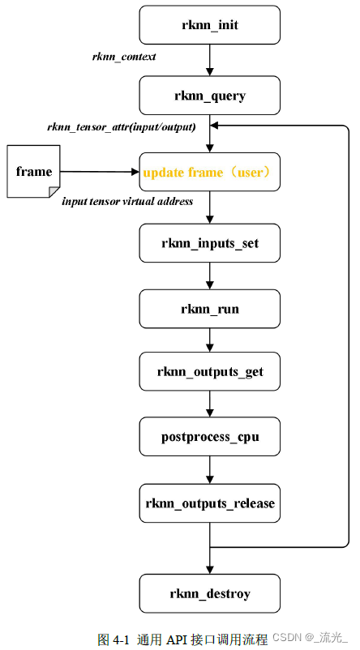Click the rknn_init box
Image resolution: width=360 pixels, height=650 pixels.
pos(210,25)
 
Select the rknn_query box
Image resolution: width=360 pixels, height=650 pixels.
pos(210,96)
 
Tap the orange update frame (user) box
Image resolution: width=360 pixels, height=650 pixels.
pos(210,172)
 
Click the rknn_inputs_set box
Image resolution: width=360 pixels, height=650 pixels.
pos(210,242)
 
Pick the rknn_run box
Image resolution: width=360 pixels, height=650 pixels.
pos(210,309)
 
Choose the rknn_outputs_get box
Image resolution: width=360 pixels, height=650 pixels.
pos(210,372)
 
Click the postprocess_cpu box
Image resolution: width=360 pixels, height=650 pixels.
pos(210,438)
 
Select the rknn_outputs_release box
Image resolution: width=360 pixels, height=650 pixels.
pos(210,503)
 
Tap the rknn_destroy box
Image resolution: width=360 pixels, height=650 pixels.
pos(210,594)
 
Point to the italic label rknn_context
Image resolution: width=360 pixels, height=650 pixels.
pos(123,58)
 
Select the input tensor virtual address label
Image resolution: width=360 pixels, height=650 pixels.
pos(127,201)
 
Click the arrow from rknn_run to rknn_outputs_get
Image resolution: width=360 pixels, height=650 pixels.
pos(210,340)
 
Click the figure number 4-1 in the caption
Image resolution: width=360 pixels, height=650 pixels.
pos(120,639)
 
